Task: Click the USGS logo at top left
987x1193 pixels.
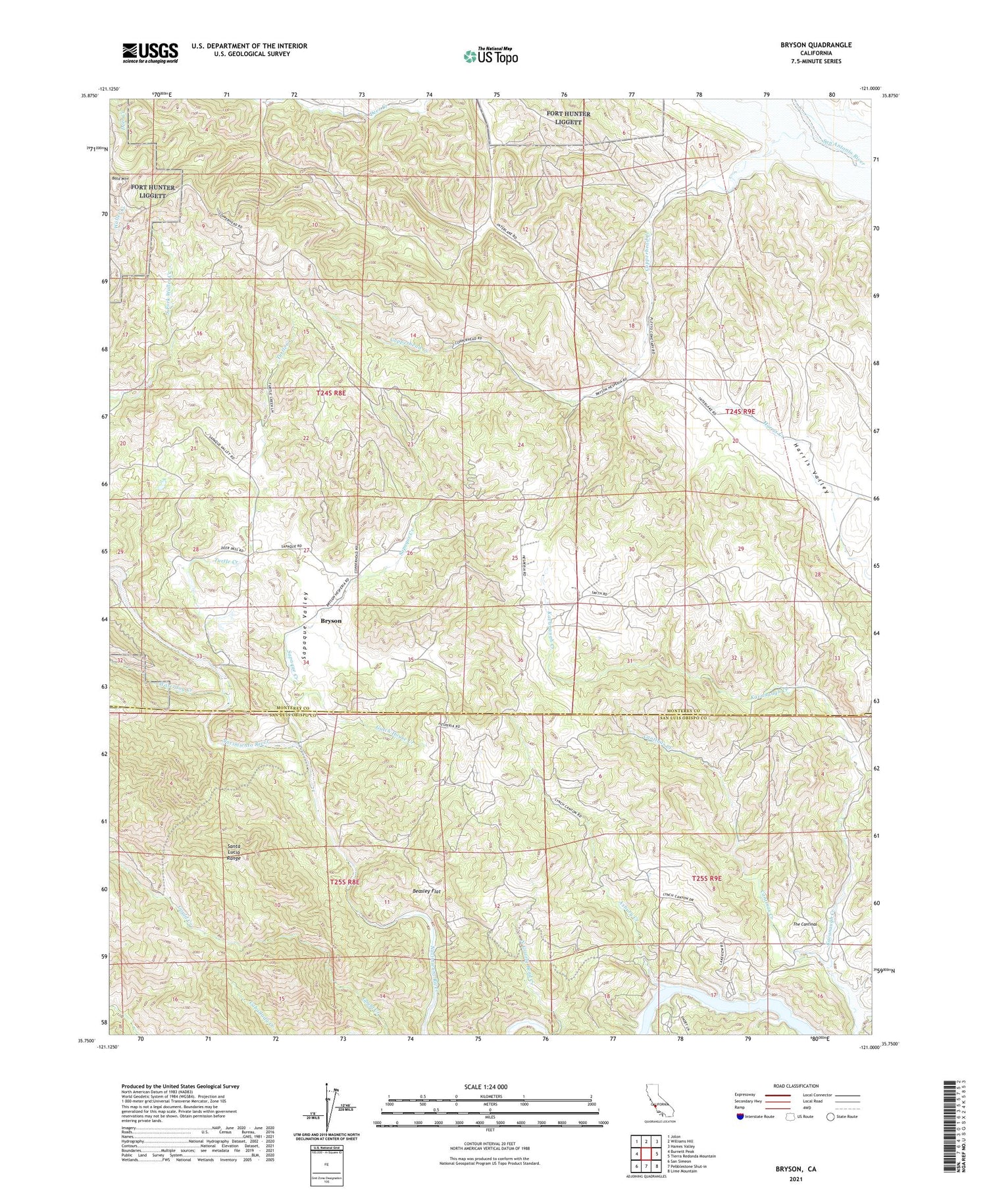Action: (150, 53)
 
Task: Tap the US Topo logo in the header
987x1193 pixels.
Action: (490, 57)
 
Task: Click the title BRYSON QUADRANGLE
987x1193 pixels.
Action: (815, 45)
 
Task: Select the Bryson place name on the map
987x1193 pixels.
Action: (330, 621)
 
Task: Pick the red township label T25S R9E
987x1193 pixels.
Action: (707, 878)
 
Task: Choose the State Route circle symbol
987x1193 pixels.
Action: (831, 1117)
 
